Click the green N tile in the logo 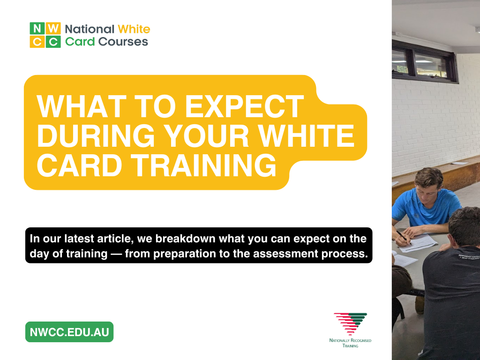pyautogui.click(x=37, y=28)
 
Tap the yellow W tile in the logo pyautogui.click(x=53, y=28)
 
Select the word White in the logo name pyautogui.click(x=134, y=29)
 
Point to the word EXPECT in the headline pyautogui.click(x=244, y=106)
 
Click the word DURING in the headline pyautogui.click(x=96, y=135)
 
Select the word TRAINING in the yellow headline pyautogui.click(x=205, y=165)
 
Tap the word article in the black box pyautogui.click(x=115, y=239)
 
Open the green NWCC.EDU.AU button pyautogui.click(x=69, y=332)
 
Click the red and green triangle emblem pyautogui.click(x=350, y=323)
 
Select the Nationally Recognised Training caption pyautogui.click(x=350, y=343)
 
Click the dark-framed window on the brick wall pyautogui.click(x=425, y=62)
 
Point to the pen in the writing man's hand pyautogui.click(x=402, y=236)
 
